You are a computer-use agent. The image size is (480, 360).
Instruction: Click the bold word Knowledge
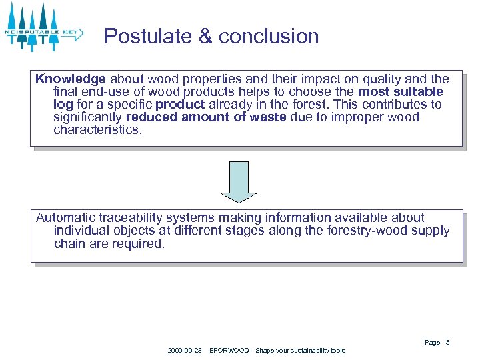click(x=71, y=79)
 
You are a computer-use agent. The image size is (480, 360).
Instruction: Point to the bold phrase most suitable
click(x=400, y=91)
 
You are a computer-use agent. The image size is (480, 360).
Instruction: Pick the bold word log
click(x=63, y=104)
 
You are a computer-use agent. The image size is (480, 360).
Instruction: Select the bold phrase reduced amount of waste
click(x=206, y=117)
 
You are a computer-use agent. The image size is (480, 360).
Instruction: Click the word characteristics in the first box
click(x=97, y=129)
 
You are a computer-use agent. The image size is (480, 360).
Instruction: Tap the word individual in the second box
click(x=80, y=230)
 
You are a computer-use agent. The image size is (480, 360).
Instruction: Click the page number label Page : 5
click(x=437, y=342)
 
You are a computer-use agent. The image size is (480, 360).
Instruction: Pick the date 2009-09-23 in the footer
click(x=185, y=351)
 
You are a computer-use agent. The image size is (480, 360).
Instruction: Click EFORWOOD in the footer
click(x=229, y=351)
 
